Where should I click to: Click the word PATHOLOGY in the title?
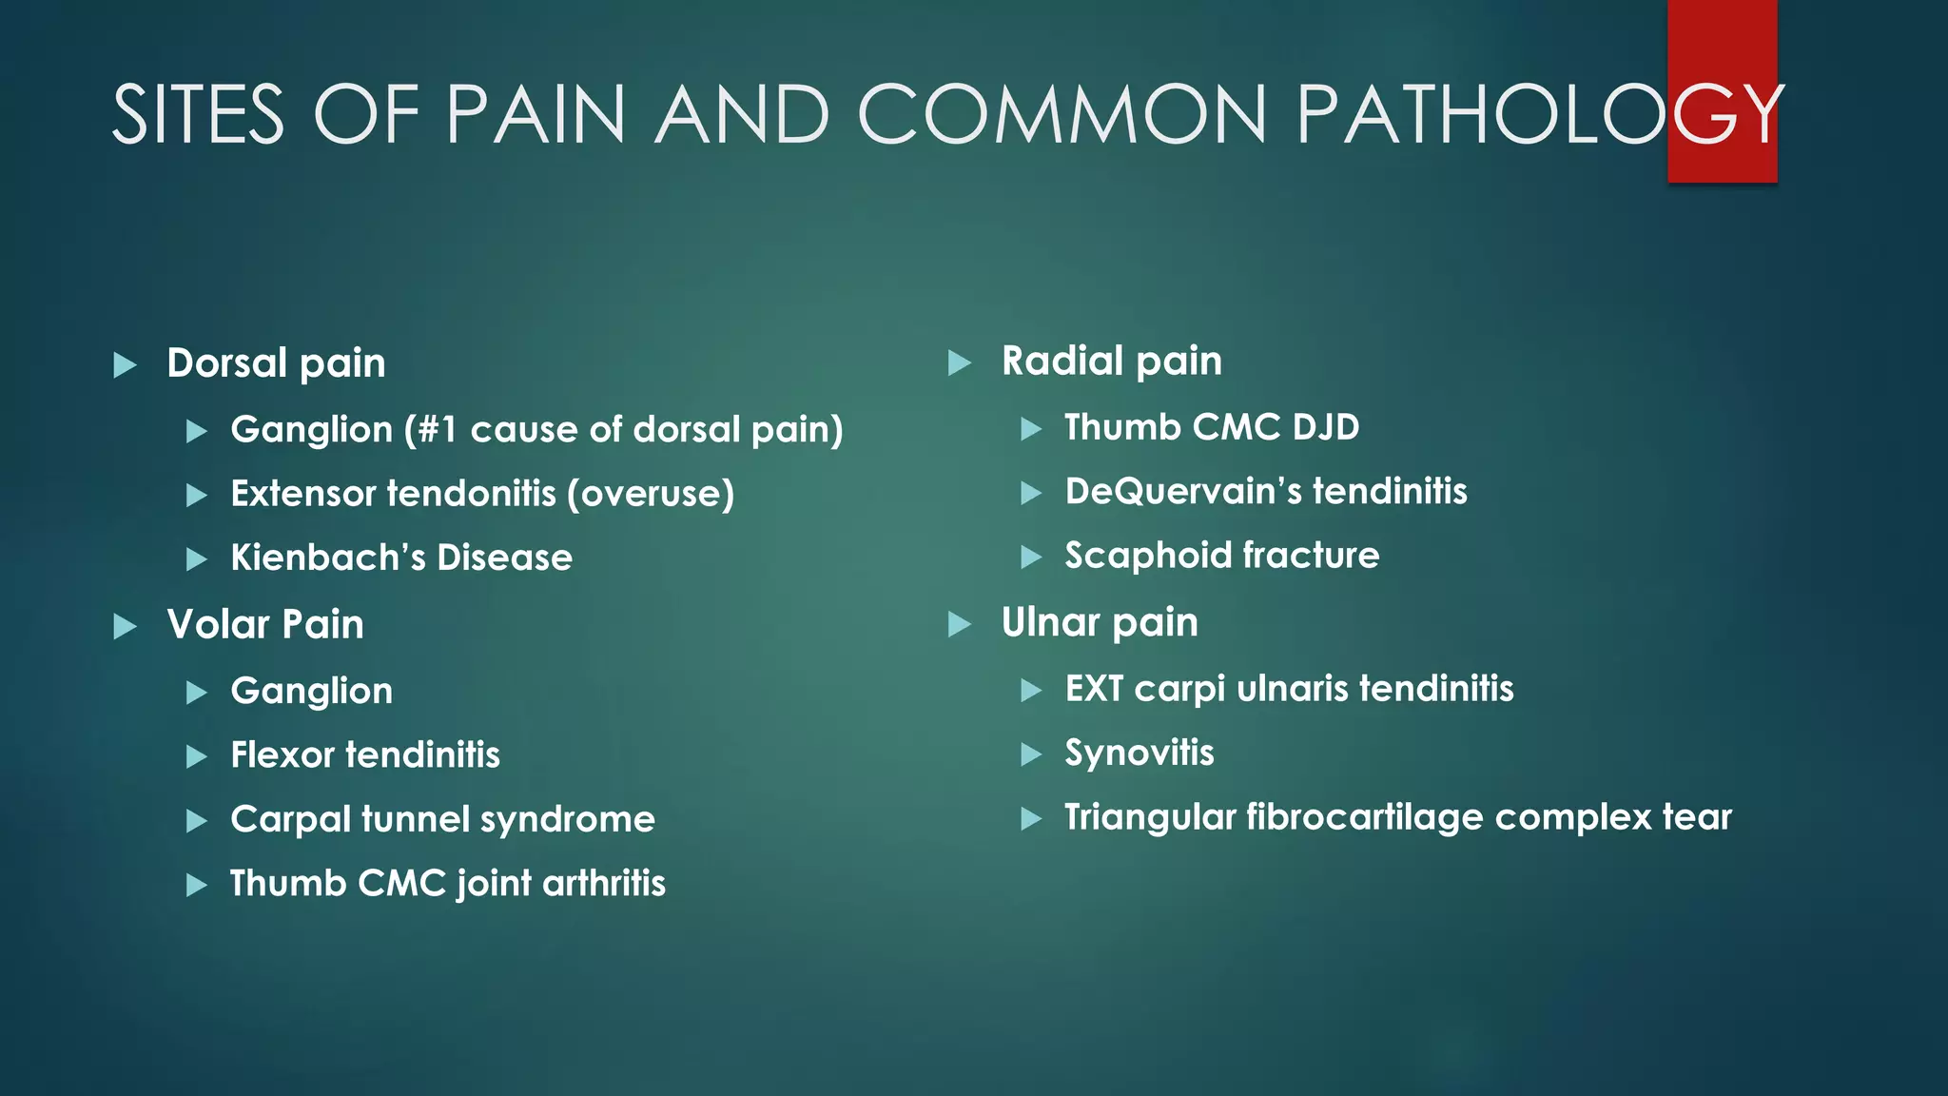(x=1540, y=114)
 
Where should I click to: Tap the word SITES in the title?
(x=198, y=114)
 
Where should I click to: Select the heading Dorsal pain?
(x=276, y=363)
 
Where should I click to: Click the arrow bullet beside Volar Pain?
(x=125, y=626)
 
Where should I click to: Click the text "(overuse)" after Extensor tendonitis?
(x=651, y=494)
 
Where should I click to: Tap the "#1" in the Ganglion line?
(x=437, y=430)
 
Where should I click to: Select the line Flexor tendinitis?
(x=365, y=755)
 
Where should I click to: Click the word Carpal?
(x=290, y=820)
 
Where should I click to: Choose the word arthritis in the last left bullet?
(x=604, y=884)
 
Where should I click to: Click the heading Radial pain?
(x=1111, y=362)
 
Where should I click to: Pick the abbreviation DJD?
(x=1326, y=427)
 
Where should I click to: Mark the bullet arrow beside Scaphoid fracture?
(x=1031, y=557)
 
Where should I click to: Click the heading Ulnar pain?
(x=1100, y=623)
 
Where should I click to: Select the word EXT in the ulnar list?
(x=1094, y=689)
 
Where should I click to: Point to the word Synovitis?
(x=1140, y=753)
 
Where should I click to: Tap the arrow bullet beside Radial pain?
(x=960, y=362)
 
